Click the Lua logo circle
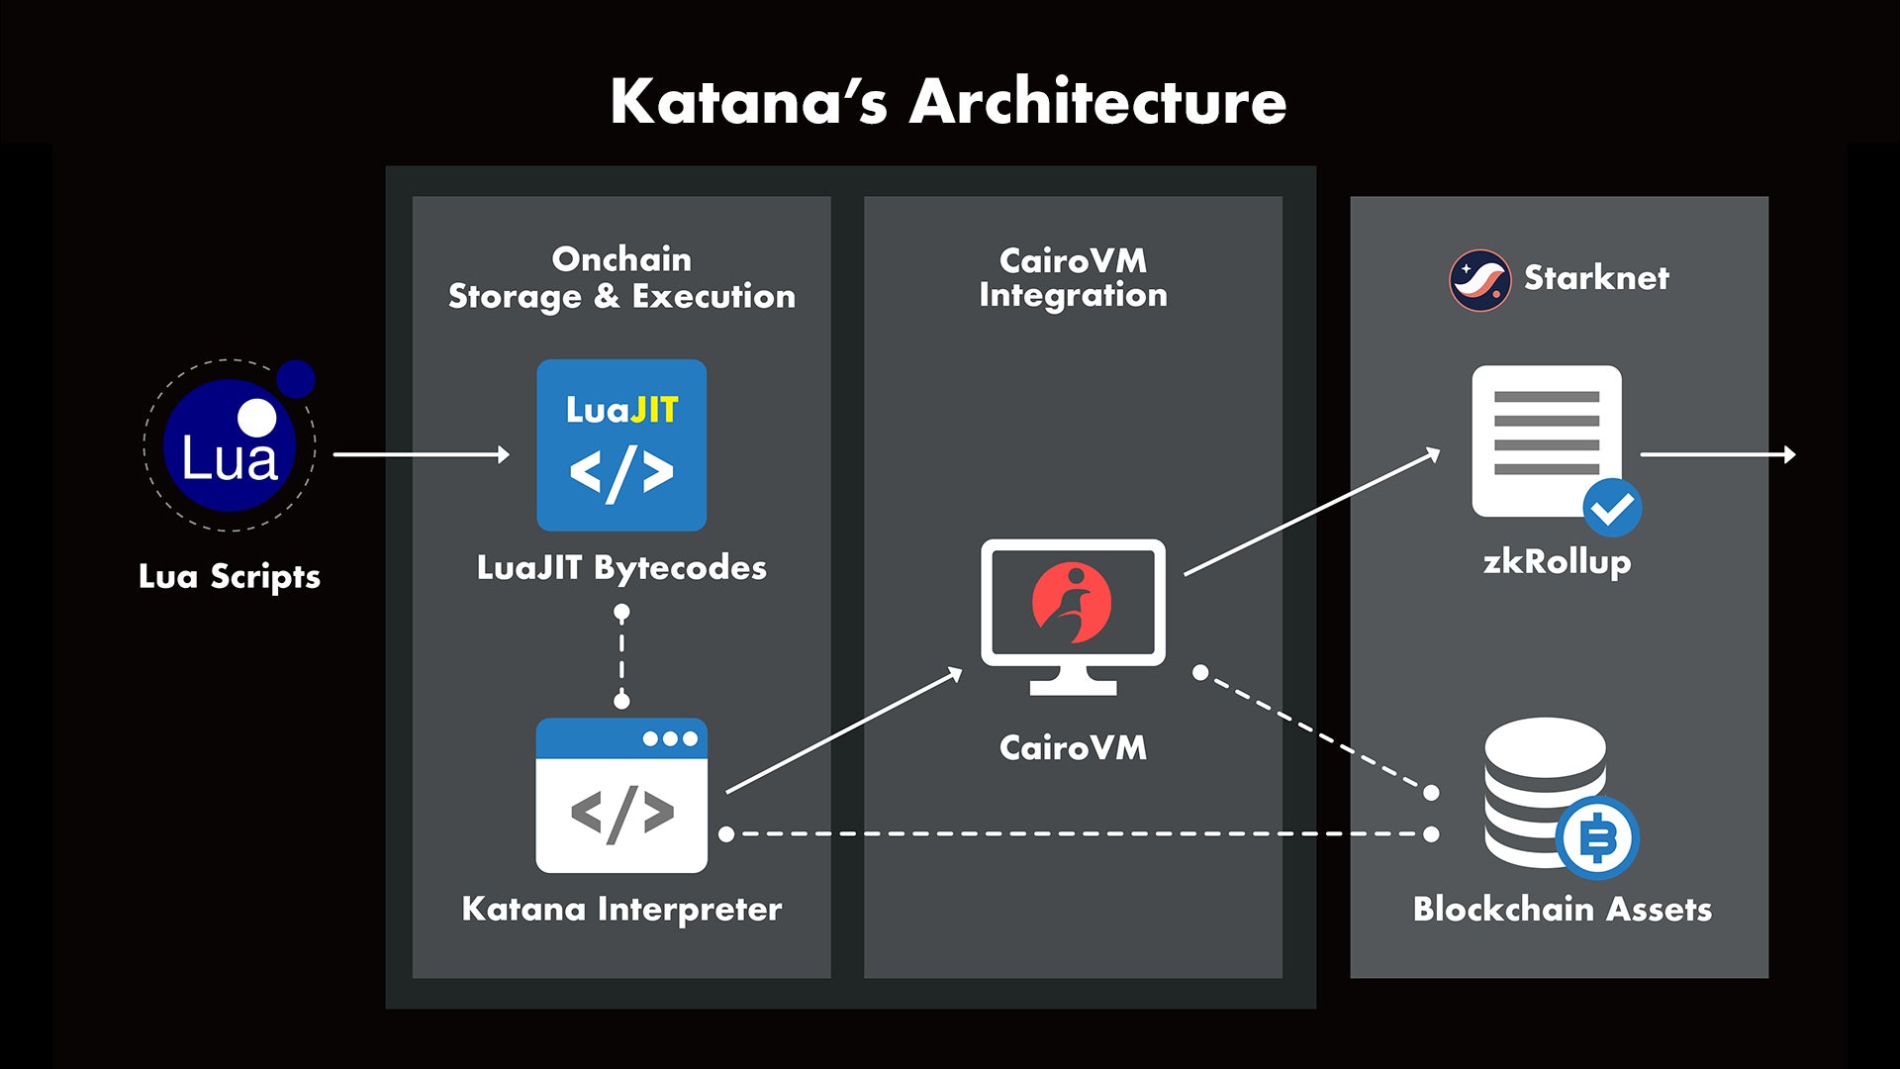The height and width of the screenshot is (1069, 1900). coord(230,445)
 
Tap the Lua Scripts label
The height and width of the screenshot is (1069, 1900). coord(230,576)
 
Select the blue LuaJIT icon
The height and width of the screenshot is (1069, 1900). coord(621,445)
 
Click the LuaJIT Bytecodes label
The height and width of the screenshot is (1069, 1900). coord(621,567)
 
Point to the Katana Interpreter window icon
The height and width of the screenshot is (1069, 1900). coord(621,796)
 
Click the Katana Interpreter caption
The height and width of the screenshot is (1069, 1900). coord(621,909)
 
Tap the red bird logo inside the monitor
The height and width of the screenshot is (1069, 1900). coord(1072,602)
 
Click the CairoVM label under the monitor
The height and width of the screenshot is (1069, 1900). coord(1073,747)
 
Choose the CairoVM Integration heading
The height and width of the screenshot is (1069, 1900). coord(1073,277)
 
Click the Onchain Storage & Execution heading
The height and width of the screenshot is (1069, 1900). coord(621,277)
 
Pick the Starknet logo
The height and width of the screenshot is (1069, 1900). coord(1479,280)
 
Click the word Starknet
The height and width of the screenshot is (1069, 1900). coord(1595,278)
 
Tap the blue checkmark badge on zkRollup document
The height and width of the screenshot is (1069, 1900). coord(1612,507)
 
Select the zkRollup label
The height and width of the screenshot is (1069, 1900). coord(1557,562)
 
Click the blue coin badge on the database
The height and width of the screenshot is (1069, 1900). coord(1597,837)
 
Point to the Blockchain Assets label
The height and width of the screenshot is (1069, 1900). coord(1562,909)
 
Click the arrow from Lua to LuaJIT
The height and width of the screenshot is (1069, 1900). coord(422,454)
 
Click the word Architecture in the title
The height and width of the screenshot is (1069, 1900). coord(1097,102)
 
